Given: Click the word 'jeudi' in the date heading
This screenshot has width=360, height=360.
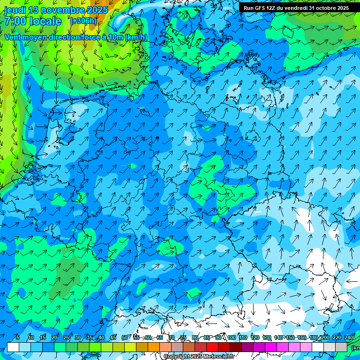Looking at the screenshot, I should (x=15, y=10).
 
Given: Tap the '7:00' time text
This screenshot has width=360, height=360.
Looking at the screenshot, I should (x=15, y=22).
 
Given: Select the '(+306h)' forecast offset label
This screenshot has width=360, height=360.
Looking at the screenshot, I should (x=83, y=21).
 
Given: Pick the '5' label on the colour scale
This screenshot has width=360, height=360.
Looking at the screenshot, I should (x=18, y=338).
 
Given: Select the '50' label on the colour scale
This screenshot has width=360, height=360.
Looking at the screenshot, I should (x=124, y=338).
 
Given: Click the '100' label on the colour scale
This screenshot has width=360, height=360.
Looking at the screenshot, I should (x=231, y=338).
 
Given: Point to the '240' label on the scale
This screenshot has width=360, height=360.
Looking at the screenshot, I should (x=349, y=338).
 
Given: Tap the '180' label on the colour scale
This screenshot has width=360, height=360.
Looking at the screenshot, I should (x=313, y=338).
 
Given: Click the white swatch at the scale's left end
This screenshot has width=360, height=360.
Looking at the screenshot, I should (x=13, y=347).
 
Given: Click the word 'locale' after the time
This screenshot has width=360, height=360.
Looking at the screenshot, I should (x=45, y=22).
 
